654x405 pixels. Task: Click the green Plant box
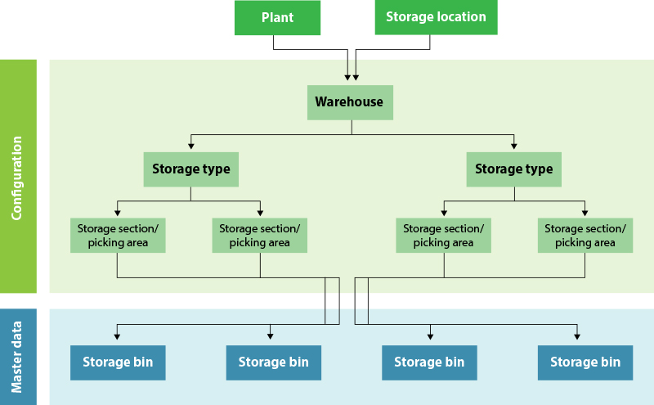(278, 17)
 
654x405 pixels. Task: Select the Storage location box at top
(436, 17)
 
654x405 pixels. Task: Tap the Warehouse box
(349, 102)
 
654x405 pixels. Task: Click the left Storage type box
(190, 169)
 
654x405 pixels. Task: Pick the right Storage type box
(513, 169)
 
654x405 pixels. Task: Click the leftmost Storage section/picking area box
(118, 235)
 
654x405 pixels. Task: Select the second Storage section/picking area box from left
(260, 235)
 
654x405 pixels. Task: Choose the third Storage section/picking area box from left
(443, 235)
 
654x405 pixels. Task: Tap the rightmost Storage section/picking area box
(585, 235)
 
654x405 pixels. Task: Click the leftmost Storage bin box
(118, 362)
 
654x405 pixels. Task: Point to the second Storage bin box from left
(273, 362)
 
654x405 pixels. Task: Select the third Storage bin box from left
(429, 362)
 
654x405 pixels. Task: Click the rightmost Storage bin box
(585, 362)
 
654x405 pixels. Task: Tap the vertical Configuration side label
(17, 177)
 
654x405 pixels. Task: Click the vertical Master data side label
(17, 357)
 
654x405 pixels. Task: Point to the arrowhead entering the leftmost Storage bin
(118, 336)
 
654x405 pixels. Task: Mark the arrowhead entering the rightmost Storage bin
(578, 336)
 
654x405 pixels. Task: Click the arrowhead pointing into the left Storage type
(190, 146)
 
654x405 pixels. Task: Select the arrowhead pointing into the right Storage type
(513, 146)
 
